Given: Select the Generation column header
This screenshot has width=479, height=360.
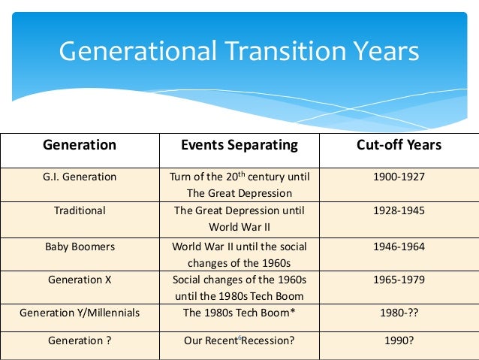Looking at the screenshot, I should click(x=80, y=144).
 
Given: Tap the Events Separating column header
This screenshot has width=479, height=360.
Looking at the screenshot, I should click(x=239, y=144).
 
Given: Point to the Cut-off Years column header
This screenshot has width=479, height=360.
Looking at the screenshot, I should click(x=399, y=144).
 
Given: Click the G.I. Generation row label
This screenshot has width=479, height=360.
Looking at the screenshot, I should click(x=80, y=177).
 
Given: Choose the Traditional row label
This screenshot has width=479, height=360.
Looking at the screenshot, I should click(x=80, y=210).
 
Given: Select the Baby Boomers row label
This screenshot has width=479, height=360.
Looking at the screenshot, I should click(x=80, y=246).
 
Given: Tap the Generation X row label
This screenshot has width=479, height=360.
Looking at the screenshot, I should click(x=80, y=280).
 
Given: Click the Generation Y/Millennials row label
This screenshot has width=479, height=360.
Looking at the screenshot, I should click(x=80, y=312).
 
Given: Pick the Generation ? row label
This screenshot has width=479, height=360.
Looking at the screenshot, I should click(x=80, y=340).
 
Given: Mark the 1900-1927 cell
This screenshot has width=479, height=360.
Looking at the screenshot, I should click(x=399, y=177).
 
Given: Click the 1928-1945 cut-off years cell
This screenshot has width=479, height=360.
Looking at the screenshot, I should click(x=399, y=210).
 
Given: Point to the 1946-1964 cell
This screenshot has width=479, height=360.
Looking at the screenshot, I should click(x=399, y=246).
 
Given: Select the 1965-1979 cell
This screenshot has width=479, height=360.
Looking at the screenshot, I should click(x=399, y=280).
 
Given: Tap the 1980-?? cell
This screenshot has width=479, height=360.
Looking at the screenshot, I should click(x=399, y=312).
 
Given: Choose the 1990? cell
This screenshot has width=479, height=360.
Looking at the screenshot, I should click(x=399, y=340).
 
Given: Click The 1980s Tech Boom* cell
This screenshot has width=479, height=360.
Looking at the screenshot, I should click(x=239, y=312).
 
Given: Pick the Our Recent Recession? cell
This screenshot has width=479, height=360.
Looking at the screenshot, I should click(x=239, y=340).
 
